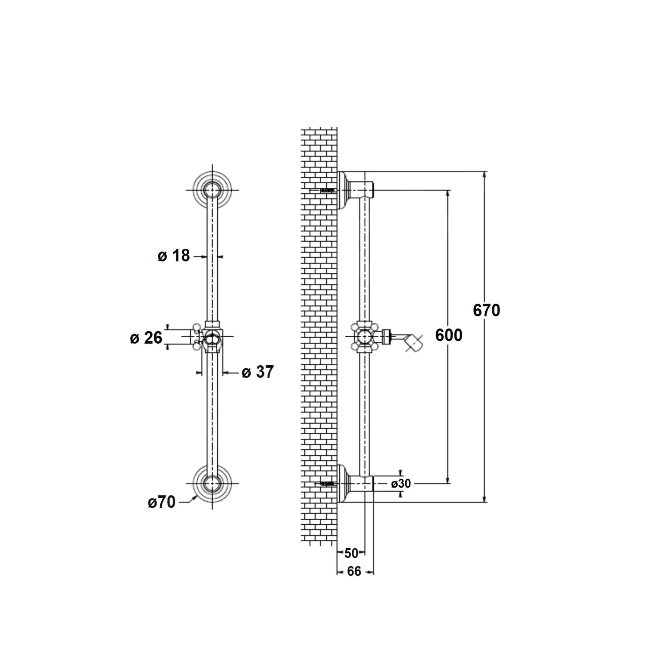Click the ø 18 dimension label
click(x=174, y=256)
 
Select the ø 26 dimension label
click(x=146, y=338)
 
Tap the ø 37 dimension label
click(x=258, y=372)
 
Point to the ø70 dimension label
click(x=162, y=502)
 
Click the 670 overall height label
click(x=486, y=310)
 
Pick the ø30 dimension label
click(x=401, y=484)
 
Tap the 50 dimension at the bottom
click(x=351, y=553)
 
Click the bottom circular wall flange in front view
click(x=212, y=483)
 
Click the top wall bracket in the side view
click(x=356, y=191)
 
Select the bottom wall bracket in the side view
click(x=356, y=484)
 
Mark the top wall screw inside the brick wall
click(x=328, y=190)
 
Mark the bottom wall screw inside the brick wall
click(x=328, y=484)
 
